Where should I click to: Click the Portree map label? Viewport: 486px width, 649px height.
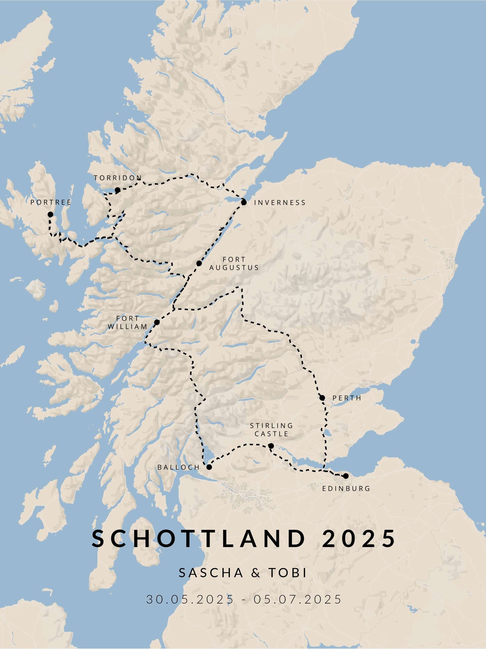[x=51, y=202]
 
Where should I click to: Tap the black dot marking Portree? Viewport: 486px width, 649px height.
[x=50, y=214]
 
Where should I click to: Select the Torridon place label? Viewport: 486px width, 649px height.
[x=118, y=178]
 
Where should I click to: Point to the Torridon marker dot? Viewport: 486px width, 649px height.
[x=117, y=190]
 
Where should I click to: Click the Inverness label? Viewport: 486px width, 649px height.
[x=280, y=203]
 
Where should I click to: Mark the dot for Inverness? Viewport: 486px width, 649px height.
[x=244, y=202]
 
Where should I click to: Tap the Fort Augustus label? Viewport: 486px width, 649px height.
[x=234, y=264]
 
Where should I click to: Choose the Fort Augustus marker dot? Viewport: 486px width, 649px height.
[x=199, y=263]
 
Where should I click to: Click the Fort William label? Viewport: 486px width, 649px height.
[x=127, y=322]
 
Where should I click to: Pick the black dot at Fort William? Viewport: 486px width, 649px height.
[x=157, y=322]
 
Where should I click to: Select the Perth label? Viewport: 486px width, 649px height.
[x=347, y=398]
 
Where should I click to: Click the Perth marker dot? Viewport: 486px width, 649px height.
[x=322, y=398]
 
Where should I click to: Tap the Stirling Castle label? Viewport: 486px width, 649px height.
[x=271, y=430]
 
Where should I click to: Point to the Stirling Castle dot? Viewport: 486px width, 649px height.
[x=271, y=446]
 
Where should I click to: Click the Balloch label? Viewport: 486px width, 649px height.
[x=179, y=468]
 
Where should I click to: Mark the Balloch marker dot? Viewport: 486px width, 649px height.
[x=209, y=467]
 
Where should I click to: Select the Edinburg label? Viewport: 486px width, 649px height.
[x=346, y=488]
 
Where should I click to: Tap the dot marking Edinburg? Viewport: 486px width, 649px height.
[x=346, y=476]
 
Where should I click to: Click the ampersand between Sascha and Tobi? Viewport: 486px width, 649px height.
[x=256, y=573]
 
